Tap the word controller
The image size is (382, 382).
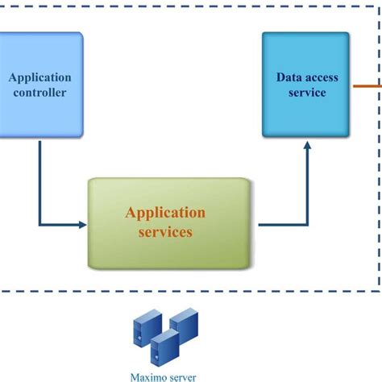pyautogui.click(x=39, y=93)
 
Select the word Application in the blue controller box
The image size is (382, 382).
pyautogui.click(x=39, y=78)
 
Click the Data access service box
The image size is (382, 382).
pyautogui.click(x=306, y=85)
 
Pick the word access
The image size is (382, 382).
pyautogui.click(x=322, y=78)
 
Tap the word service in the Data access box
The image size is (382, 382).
pyautogui.click(x=306, y=93)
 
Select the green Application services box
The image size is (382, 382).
pyautogui.click(x=168, y=222)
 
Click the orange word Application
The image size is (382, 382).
pyautogui.click(x=165, y=213)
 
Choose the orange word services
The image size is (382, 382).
pyautogui.click(x=165, y=232)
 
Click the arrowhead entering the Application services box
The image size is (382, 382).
pyautogui.click(x=82, y=225)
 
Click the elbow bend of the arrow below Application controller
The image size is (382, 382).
pyautogui.click(x=39, y=225)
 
